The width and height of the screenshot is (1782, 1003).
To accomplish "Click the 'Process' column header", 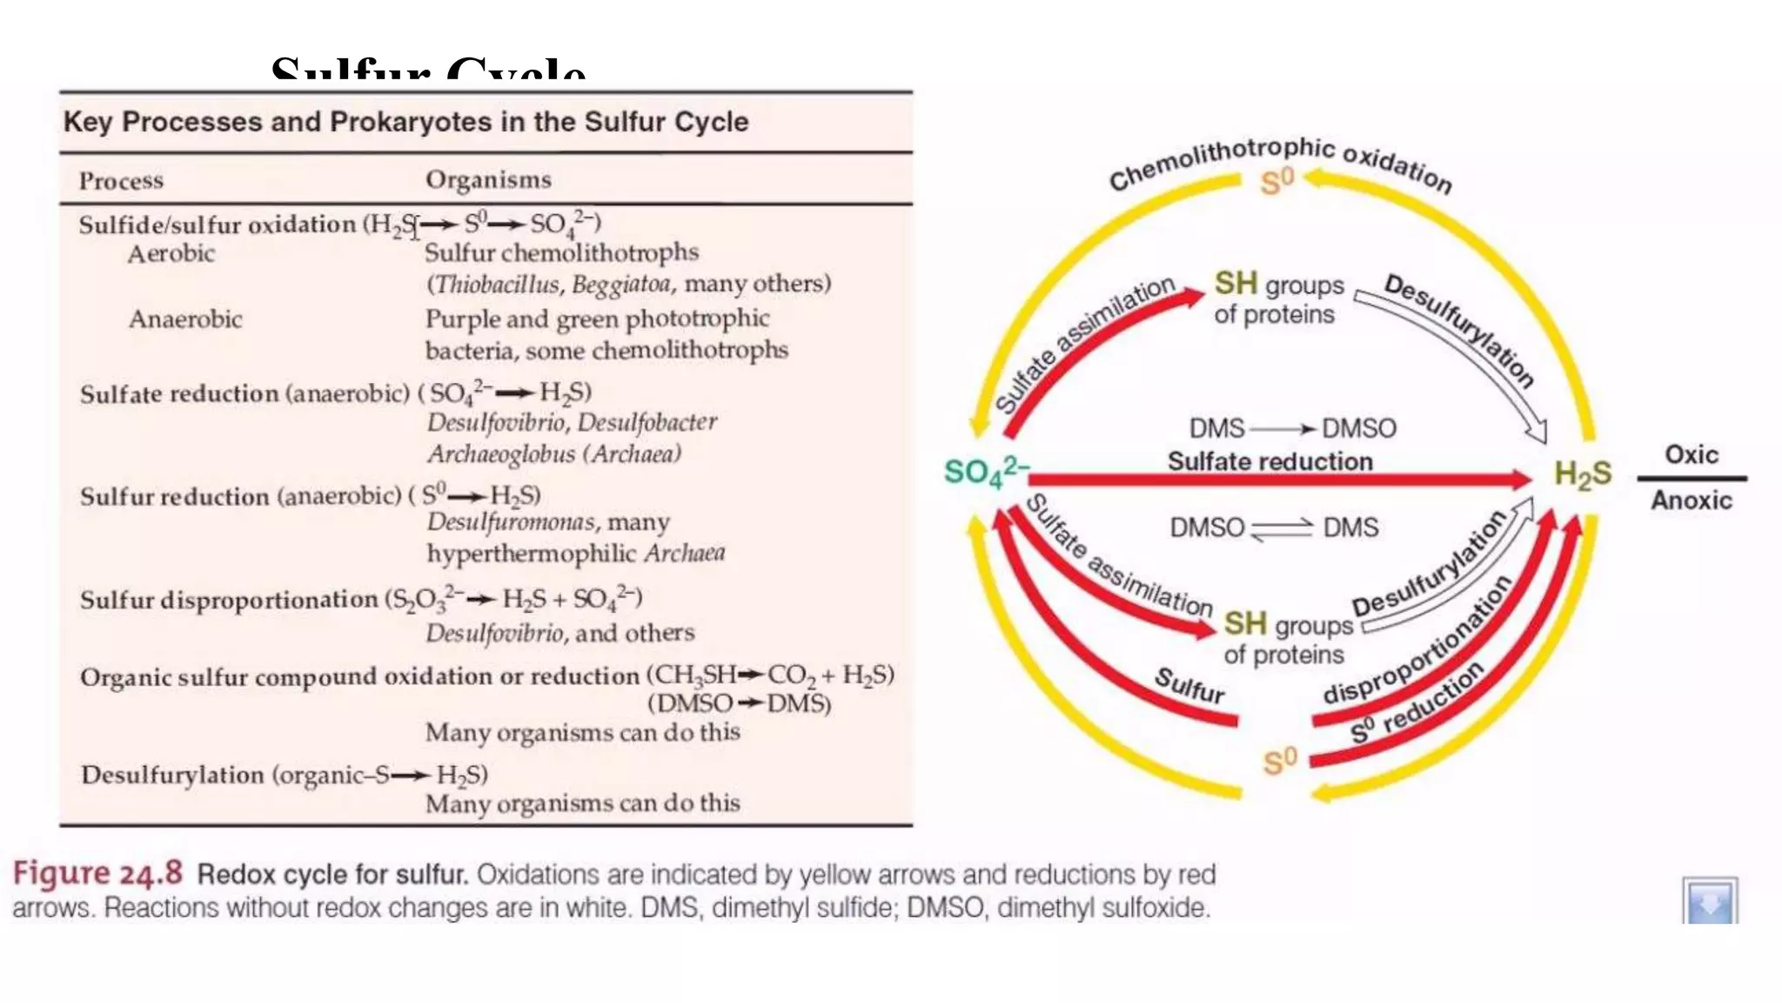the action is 121,180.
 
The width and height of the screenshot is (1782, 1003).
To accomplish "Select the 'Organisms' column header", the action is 488,179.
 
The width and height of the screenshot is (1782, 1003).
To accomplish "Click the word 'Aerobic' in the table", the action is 171,253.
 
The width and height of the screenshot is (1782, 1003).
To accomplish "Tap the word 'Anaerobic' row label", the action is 185,319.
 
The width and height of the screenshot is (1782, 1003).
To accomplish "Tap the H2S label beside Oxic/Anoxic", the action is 1583,474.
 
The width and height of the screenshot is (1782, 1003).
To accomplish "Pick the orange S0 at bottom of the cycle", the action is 1280,761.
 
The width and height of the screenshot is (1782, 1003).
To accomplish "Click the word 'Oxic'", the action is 1692,454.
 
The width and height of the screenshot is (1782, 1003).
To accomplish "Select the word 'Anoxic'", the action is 1692,500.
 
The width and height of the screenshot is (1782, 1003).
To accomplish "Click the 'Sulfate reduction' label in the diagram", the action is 1270,461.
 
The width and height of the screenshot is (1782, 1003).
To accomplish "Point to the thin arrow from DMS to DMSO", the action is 1283,428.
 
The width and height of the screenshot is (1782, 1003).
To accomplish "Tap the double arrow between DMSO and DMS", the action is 1283,528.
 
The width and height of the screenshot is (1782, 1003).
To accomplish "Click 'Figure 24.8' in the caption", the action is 97,872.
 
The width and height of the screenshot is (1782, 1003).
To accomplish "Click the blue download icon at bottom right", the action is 1710,900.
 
